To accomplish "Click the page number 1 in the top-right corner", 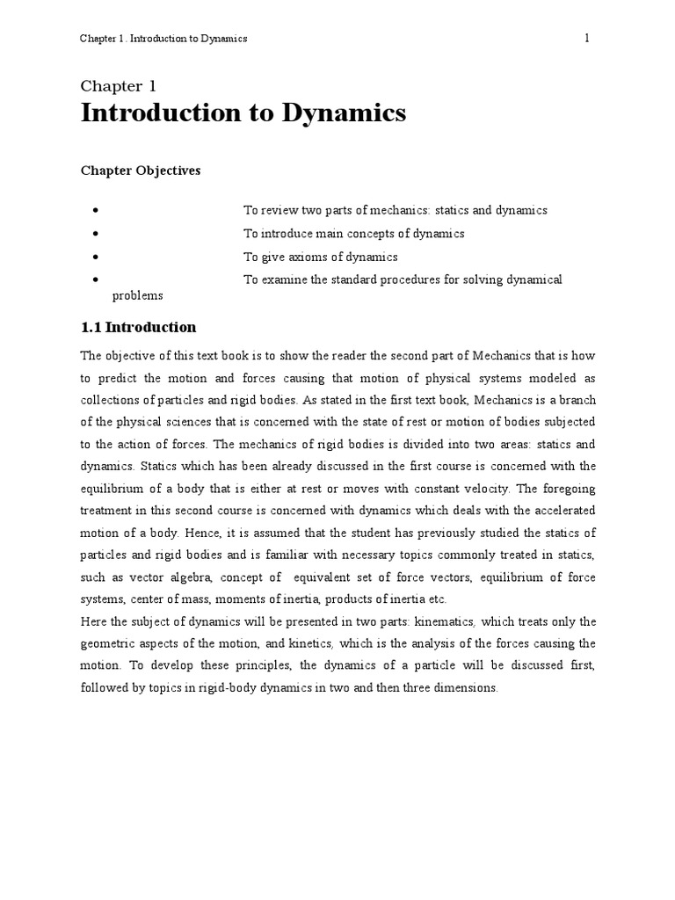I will coord(585,39).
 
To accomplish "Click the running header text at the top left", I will coord(163,39).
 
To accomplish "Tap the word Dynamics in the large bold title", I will coord(341,113).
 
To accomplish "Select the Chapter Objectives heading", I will coord(141,171).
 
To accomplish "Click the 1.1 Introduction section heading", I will coord(138,327).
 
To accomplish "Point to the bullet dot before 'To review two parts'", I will coord(93,211).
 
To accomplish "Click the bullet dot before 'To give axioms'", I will coord(93,258).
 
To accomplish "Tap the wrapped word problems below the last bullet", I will coord(137,295).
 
